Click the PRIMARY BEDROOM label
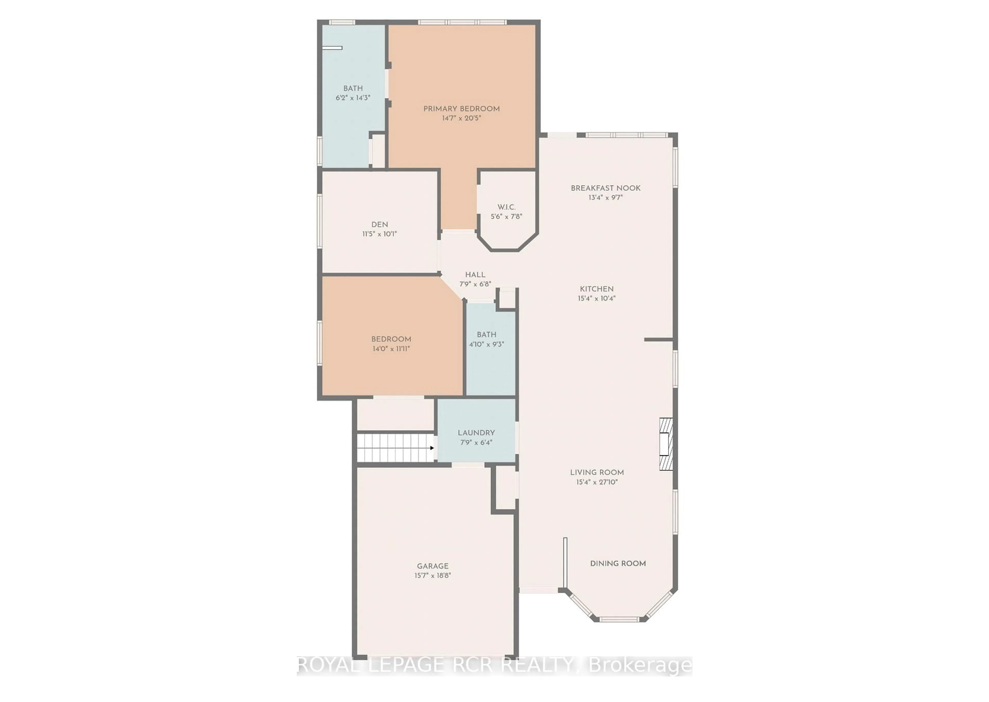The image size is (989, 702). pos(461,109)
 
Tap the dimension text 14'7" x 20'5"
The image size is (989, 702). pos(461,118)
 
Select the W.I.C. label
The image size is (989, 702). pos(506,207)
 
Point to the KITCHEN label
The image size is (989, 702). pos(596,289)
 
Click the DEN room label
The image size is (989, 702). pos(379,224)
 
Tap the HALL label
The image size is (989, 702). pos(475,275)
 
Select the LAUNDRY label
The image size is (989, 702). pos(476,433)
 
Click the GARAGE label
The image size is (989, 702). pos(433,566)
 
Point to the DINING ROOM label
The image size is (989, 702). pos(618,563)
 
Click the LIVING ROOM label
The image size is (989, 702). pos(596,472)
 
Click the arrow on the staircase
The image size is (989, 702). pos(431,448)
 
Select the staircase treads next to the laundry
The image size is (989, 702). pos(394,448)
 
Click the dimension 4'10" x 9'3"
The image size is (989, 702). pos(487,345)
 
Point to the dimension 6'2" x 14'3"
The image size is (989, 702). pos(353,98)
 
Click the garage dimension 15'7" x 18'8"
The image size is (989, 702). pos(433,575)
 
